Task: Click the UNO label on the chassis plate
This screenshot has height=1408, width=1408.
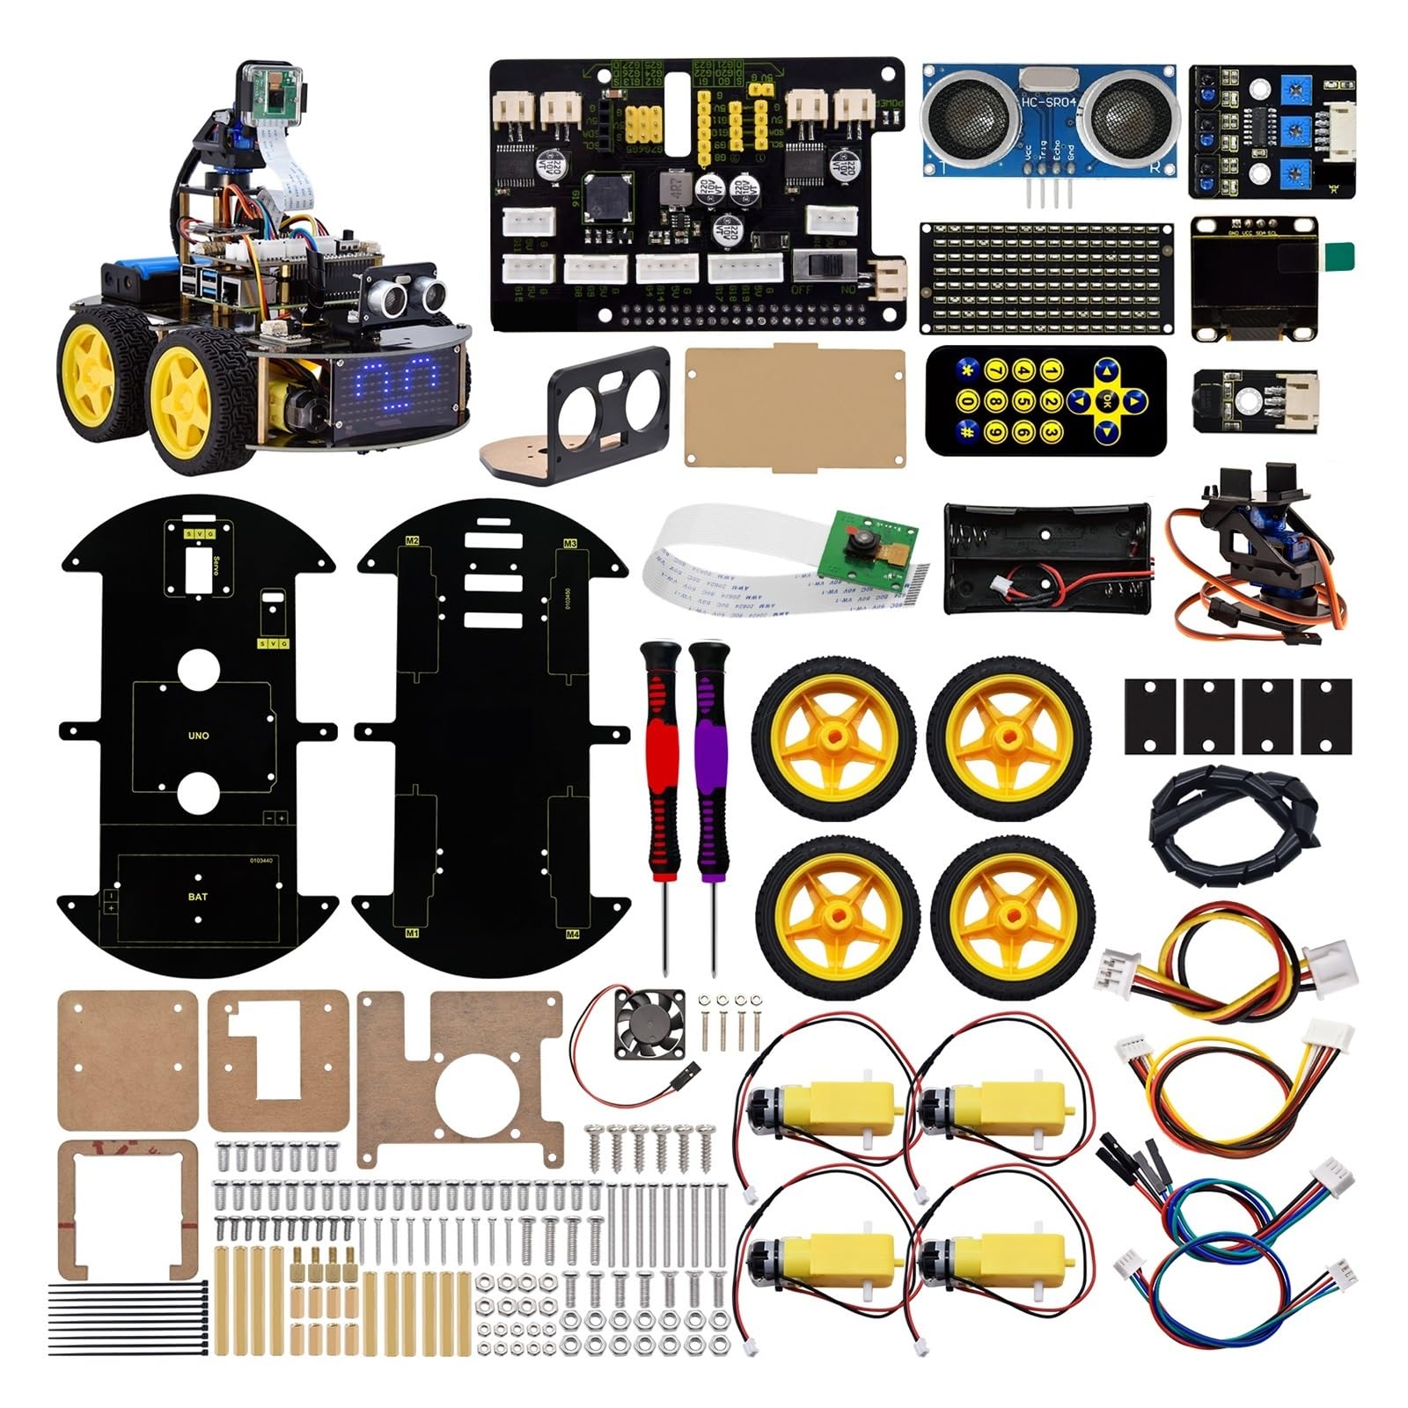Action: pos(199,735)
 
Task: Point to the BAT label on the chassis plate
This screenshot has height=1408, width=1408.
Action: pos(198,897)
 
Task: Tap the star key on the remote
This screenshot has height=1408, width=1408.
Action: pos(967,372)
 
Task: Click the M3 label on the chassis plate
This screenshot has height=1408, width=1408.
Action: pos(570,544)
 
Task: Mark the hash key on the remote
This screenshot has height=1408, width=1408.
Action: pos(967,430)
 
